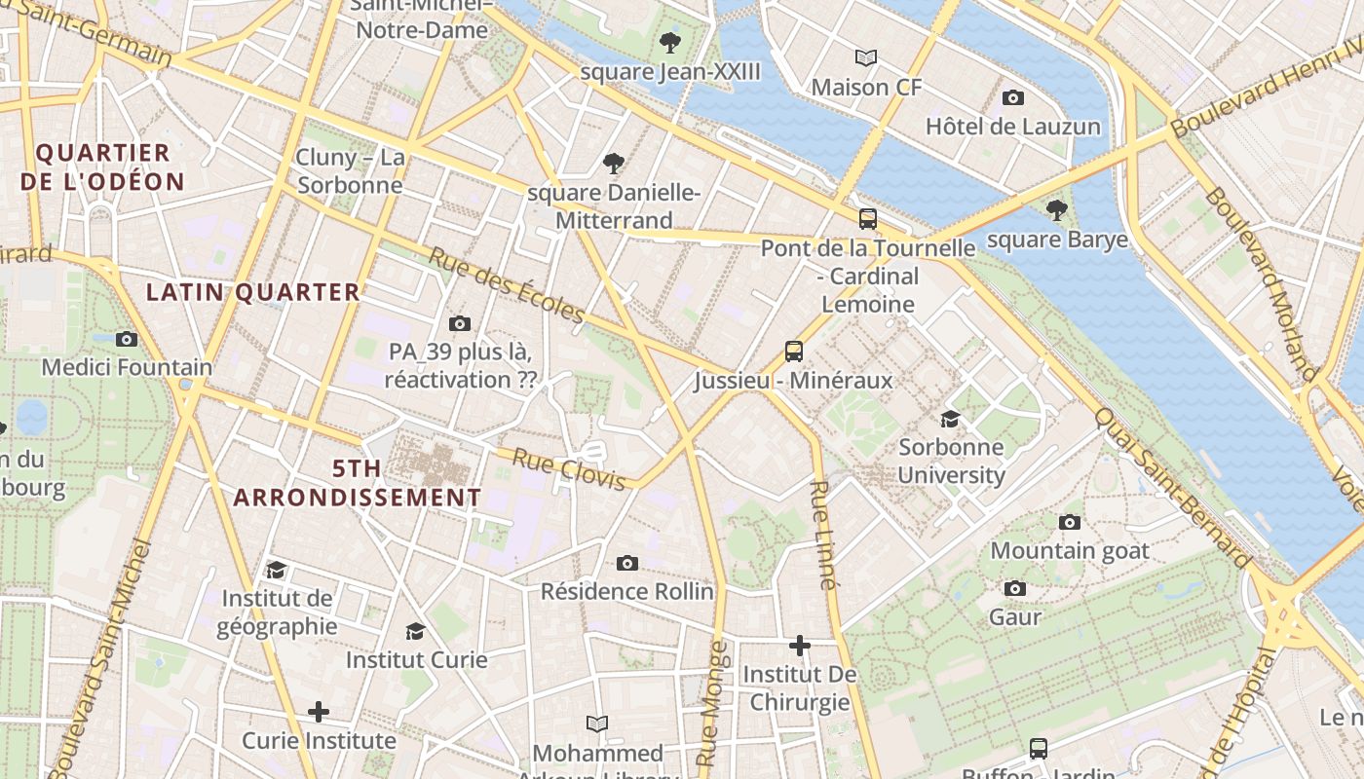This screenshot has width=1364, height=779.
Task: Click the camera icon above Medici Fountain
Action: [x=126, y=339]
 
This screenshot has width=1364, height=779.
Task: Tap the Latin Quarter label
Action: [x=253, y=292]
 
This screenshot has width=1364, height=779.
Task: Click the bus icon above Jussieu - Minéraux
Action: [x=794, y=352]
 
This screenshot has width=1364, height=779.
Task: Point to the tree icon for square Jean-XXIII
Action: [x=669, y=42]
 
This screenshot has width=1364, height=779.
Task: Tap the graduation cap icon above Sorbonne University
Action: [x=950, y=419]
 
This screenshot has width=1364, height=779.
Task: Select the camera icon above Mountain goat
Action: [x=1070, y=522]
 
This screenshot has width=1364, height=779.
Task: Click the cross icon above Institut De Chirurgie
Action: [x=800, y=645]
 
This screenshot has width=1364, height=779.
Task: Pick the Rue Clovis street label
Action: [x=569, y=469]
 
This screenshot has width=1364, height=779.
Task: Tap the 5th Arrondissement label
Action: [x=358, y=483]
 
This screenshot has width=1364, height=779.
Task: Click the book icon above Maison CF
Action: [x=866, y=57]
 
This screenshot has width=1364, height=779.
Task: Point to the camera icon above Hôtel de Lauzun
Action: [x=1013, y=97]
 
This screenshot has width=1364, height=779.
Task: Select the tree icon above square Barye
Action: [x=1057, y=209]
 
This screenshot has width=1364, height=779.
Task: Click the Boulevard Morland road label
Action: [x=1261, y=283]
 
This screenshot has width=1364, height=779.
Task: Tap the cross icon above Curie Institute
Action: [x=319, y=712]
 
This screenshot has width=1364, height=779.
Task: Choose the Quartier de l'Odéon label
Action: [x=102, y=167]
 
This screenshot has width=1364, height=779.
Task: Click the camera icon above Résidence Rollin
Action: [x=627, y=563]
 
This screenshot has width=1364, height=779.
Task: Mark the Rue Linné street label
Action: [x=824, y=536]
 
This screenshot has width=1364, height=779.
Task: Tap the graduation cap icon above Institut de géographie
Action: [x=277, y=569]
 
